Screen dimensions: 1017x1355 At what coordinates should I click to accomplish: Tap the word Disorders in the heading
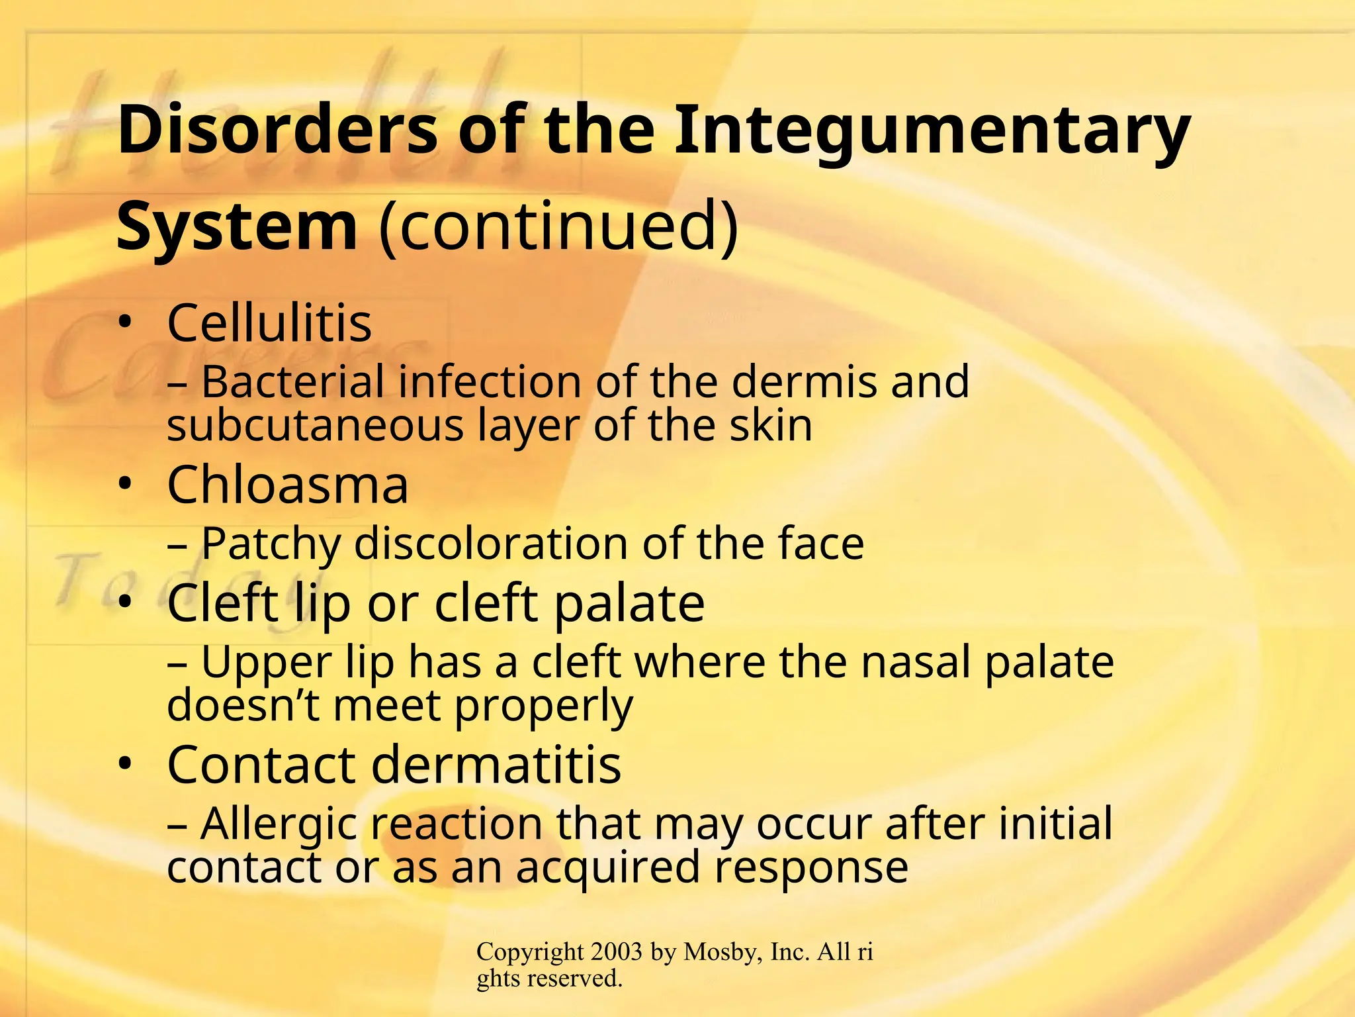click(x=278, y=130)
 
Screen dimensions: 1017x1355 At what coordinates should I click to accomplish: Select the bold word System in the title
click(x=237, y=226)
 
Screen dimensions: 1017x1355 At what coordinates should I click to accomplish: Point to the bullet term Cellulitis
click(x=269, y=323)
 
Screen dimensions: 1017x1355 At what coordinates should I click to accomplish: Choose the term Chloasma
click(x=288, y=485)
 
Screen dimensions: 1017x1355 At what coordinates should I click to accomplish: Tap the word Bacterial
click(x=292, y=382)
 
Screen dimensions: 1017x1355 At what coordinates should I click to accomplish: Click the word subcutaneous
click(x=315, y=425)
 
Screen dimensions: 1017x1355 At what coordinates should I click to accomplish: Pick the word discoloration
click(x=490, y=544)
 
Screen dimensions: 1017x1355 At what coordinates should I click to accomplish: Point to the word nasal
click(x=913, y=661)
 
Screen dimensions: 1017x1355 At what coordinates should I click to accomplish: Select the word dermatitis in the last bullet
click(x=496, y=765)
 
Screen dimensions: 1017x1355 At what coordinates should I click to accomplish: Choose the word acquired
click(x=607, y=867)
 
